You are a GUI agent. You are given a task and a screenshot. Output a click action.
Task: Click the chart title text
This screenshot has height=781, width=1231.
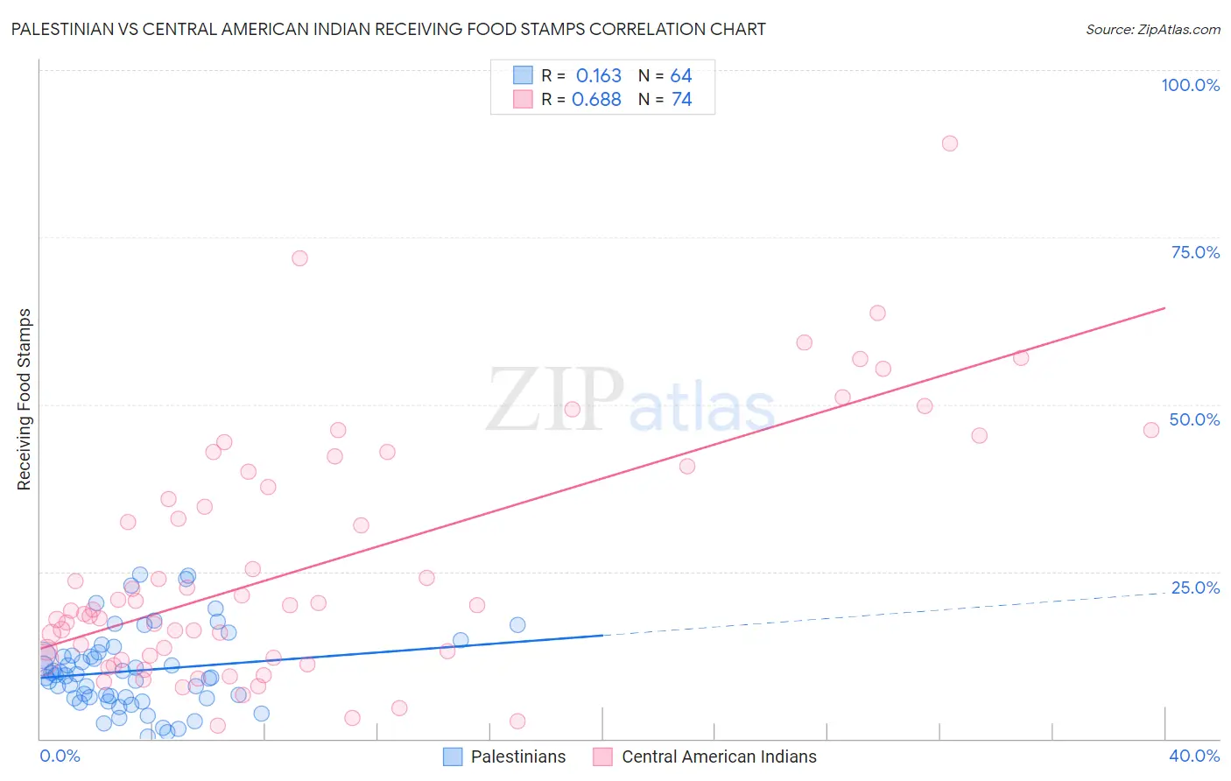tap(388, 30)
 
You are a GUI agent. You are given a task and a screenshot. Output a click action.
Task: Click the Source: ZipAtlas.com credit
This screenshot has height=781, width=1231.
tap(1152, 30)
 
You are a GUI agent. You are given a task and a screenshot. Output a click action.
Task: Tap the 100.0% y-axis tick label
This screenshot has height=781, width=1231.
tap(1190, 85)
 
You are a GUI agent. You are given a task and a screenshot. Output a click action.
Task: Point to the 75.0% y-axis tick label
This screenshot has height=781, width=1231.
tap(1195, 252)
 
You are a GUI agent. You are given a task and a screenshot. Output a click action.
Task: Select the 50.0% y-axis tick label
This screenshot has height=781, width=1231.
tap(1194, 419)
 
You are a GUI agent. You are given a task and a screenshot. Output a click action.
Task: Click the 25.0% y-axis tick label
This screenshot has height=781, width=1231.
tap(1195, 588)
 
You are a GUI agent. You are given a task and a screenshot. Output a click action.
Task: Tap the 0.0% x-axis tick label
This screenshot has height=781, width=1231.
tap(60, 756)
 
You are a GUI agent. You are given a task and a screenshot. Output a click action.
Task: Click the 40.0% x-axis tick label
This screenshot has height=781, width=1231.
tap(1194, 756)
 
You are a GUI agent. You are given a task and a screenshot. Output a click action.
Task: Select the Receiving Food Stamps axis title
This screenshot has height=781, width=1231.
tap(25, 399)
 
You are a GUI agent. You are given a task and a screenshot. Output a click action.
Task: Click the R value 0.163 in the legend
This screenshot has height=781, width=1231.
tap(598, 76)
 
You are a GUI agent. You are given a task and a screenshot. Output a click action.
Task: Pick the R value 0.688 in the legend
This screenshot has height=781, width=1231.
tap(596, 100)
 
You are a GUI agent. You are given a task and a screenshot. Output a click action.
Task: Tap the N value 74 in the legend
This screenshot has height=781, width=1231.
tap(681, 100)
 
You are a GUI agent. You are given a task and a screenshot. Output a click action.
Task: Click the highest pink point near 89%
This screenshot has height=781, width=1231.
tap(950, 144)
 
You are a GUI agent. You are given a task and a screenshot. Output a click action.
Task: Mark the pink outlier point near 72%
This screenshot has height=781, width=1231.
tap(299, 258)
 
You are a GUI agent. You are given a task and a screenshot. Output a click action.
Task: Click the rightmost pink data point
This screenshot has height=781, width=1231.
tap(1151, 430)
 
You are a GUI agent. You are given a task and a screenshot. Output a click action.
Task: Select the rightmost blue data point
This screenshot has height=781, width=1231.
tap(517, 625)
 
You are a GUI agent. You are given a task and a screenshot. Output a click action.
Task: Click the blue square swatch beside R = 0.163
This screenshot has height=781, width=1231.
tap(523, 75)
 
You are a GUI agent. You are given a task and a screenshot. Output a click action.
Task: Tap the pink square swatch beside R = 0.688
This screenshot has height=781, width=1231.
tap(523, 99)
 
